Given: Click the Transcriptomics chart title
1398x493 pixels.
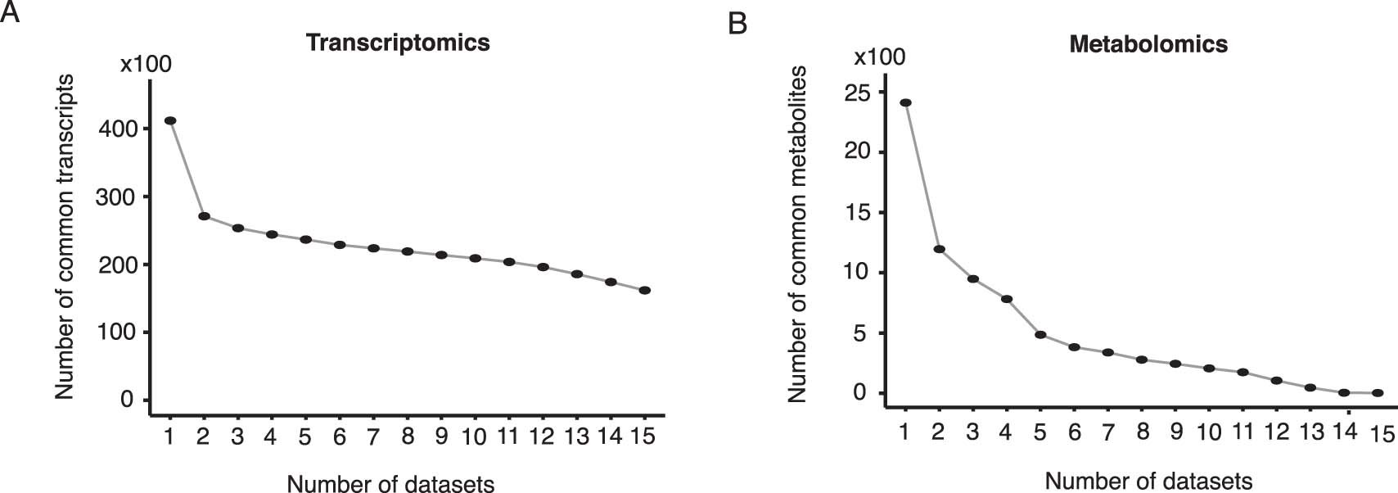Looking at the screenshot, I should [x=398, y=43].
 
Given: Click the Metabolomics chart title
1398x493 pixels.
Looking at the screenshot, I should [x=1148, y=43].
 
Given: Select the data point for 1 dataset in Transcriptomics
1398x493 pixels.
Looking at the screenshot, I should [x=170, y=120].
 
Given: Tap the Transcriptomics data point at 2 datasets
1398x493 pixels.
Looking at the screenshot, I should [x=204, y=216].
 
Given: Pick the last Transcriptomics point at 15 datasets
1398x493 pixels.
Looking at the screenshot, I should [x=644, y=290].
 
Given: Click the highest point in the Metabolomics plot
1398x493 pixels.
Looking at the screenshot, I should [x=905, y=102].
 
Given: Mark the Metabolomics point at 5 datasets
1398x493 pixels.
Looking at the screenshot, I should [x=1040, y=334].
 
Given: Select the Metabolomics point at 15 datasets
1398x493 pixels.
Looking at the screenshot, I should [x=1378, y=393].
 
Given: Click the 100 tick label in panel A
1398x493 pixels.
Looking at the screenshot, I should [x=117, y=332].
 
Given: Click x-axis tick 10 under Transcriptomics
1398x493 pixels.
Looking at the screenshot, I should [x=475, y=436].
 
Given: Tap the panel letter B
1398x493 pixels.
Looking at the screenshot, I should [x=737, y=24].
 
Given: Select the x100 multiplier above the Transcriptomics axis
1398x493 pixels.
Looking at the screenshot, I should [x=146, y=64].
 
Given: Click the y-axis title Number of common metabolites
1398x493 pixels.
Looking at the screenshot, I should [x=797, y=234].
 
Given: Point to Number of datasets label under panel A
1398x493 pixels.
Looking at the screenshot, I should [x=390, y=484].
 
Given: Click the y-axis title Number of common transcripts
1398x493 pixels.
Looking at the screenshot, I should [x=65, y=237].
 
